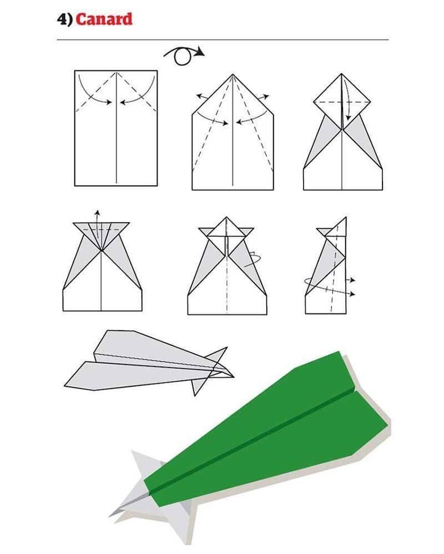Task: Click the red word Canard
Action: tap(104, 19)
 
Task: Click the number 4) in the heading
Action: tap(65, 19)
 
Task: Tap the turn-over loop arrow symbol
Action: tap(184, 55)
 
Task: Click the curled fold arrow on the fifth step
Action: tap(254, 260)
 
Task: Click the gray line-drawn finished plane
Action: tap(149, 363)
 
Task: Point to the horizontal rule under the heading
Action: tap(223, 40)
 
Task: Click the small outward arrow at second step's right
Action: tap(263, 96)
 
